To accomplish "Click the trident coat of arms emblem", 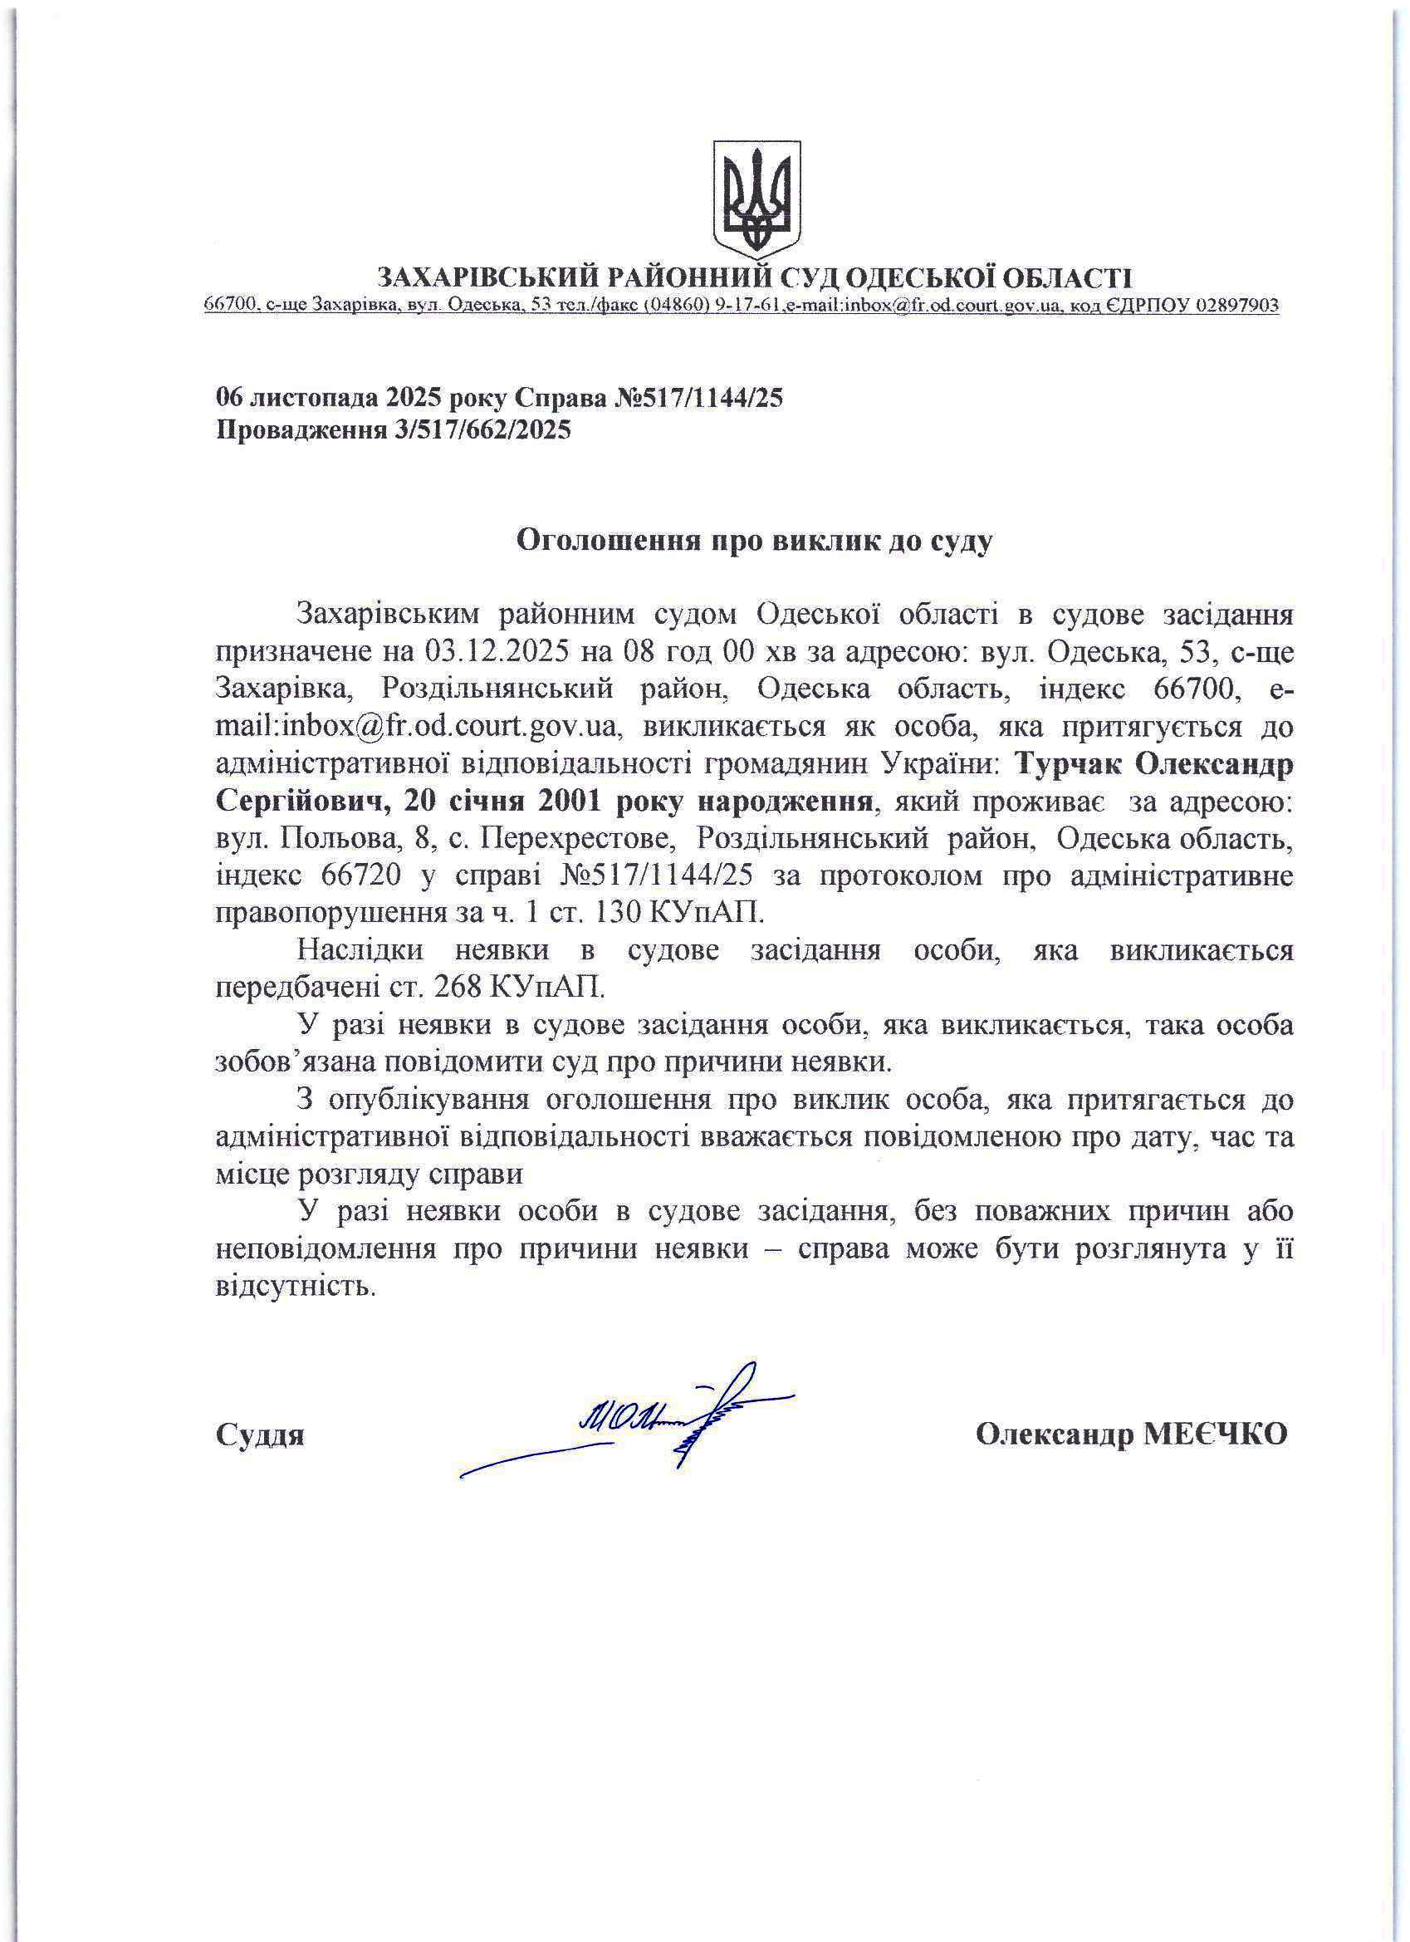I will tap(756, 199).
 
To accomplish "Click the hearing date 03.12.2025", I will tap(497, 651).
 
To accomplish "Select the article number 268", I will tap(459, 988).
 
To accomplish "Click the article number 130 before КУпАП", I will tap(612, 914).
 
